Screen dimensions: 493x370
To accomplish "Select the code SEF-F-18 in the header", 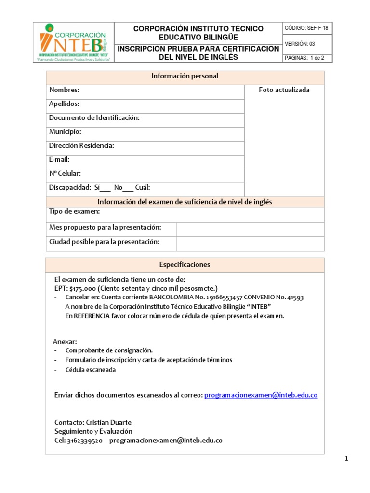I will [318, 28].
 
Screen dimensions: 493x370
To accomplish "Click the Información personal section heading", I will [185, 76].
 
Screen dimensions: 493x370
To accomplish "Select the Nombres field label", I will [64, 90].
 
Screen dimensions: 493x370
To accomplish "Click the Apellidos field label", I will [64, 104].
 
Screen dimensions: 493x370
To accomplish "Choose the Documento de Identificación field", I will [94, 118].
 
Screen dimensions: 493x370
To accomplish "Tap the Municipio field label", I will [65, 132].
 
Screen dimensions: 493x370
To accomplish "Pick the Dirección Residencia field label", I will [81, 146].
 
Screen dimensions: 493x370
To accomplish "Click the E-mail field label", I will [60, 160].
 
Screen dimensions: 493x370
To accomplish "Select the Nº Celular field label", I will [65, 174].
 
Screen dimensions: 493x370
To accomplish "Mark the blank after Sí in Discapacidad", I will [105, 188].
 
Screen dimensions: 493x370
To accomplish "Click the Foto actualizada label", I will [284, 90].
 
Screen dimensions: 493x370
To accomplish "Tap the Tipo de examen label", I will [75, 212].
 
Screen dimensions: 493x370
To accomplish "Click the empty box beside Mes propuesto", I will [250, 230].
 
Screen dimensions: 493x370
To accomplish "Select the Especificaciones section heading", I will [185, 265].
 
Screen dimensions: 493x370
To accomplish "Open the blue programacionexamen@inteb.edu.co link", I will [261, 395].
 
